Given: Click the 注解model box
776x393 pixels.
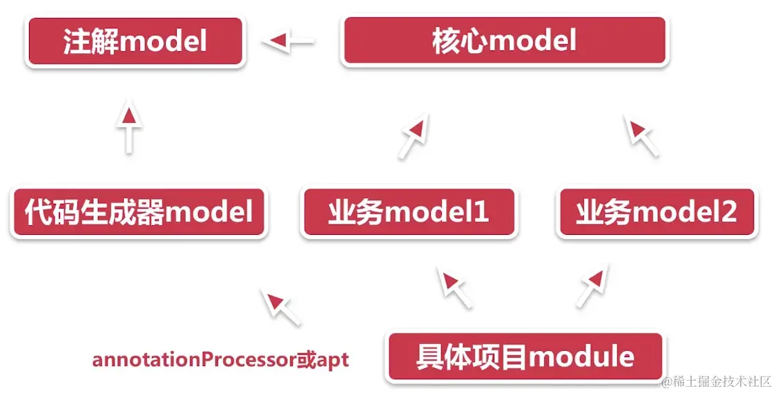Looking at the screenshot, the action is tap(135, 42).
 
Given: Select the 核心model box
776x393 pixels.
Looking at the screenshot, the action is tap(504, 41).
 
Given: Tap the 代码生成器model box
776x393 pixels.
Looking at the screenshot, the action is tap(139, 212).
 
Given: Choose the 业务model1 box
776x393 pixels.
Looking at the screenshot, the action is tap(409, 213).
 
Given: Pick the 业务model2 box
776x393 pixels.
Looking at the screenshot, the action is tap(657, 213).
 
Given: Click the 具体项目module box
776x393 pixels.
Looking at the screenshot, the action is tap(525, 357).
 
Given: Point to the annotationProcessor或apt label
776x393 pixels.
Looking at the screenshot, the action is tap(220, 360).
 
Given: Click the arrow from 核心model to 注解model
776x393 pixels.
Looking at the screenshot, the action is tap(289, 42).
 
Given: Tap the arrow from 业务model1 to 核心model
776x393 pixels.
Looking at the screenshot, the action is tap(413, 136).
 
